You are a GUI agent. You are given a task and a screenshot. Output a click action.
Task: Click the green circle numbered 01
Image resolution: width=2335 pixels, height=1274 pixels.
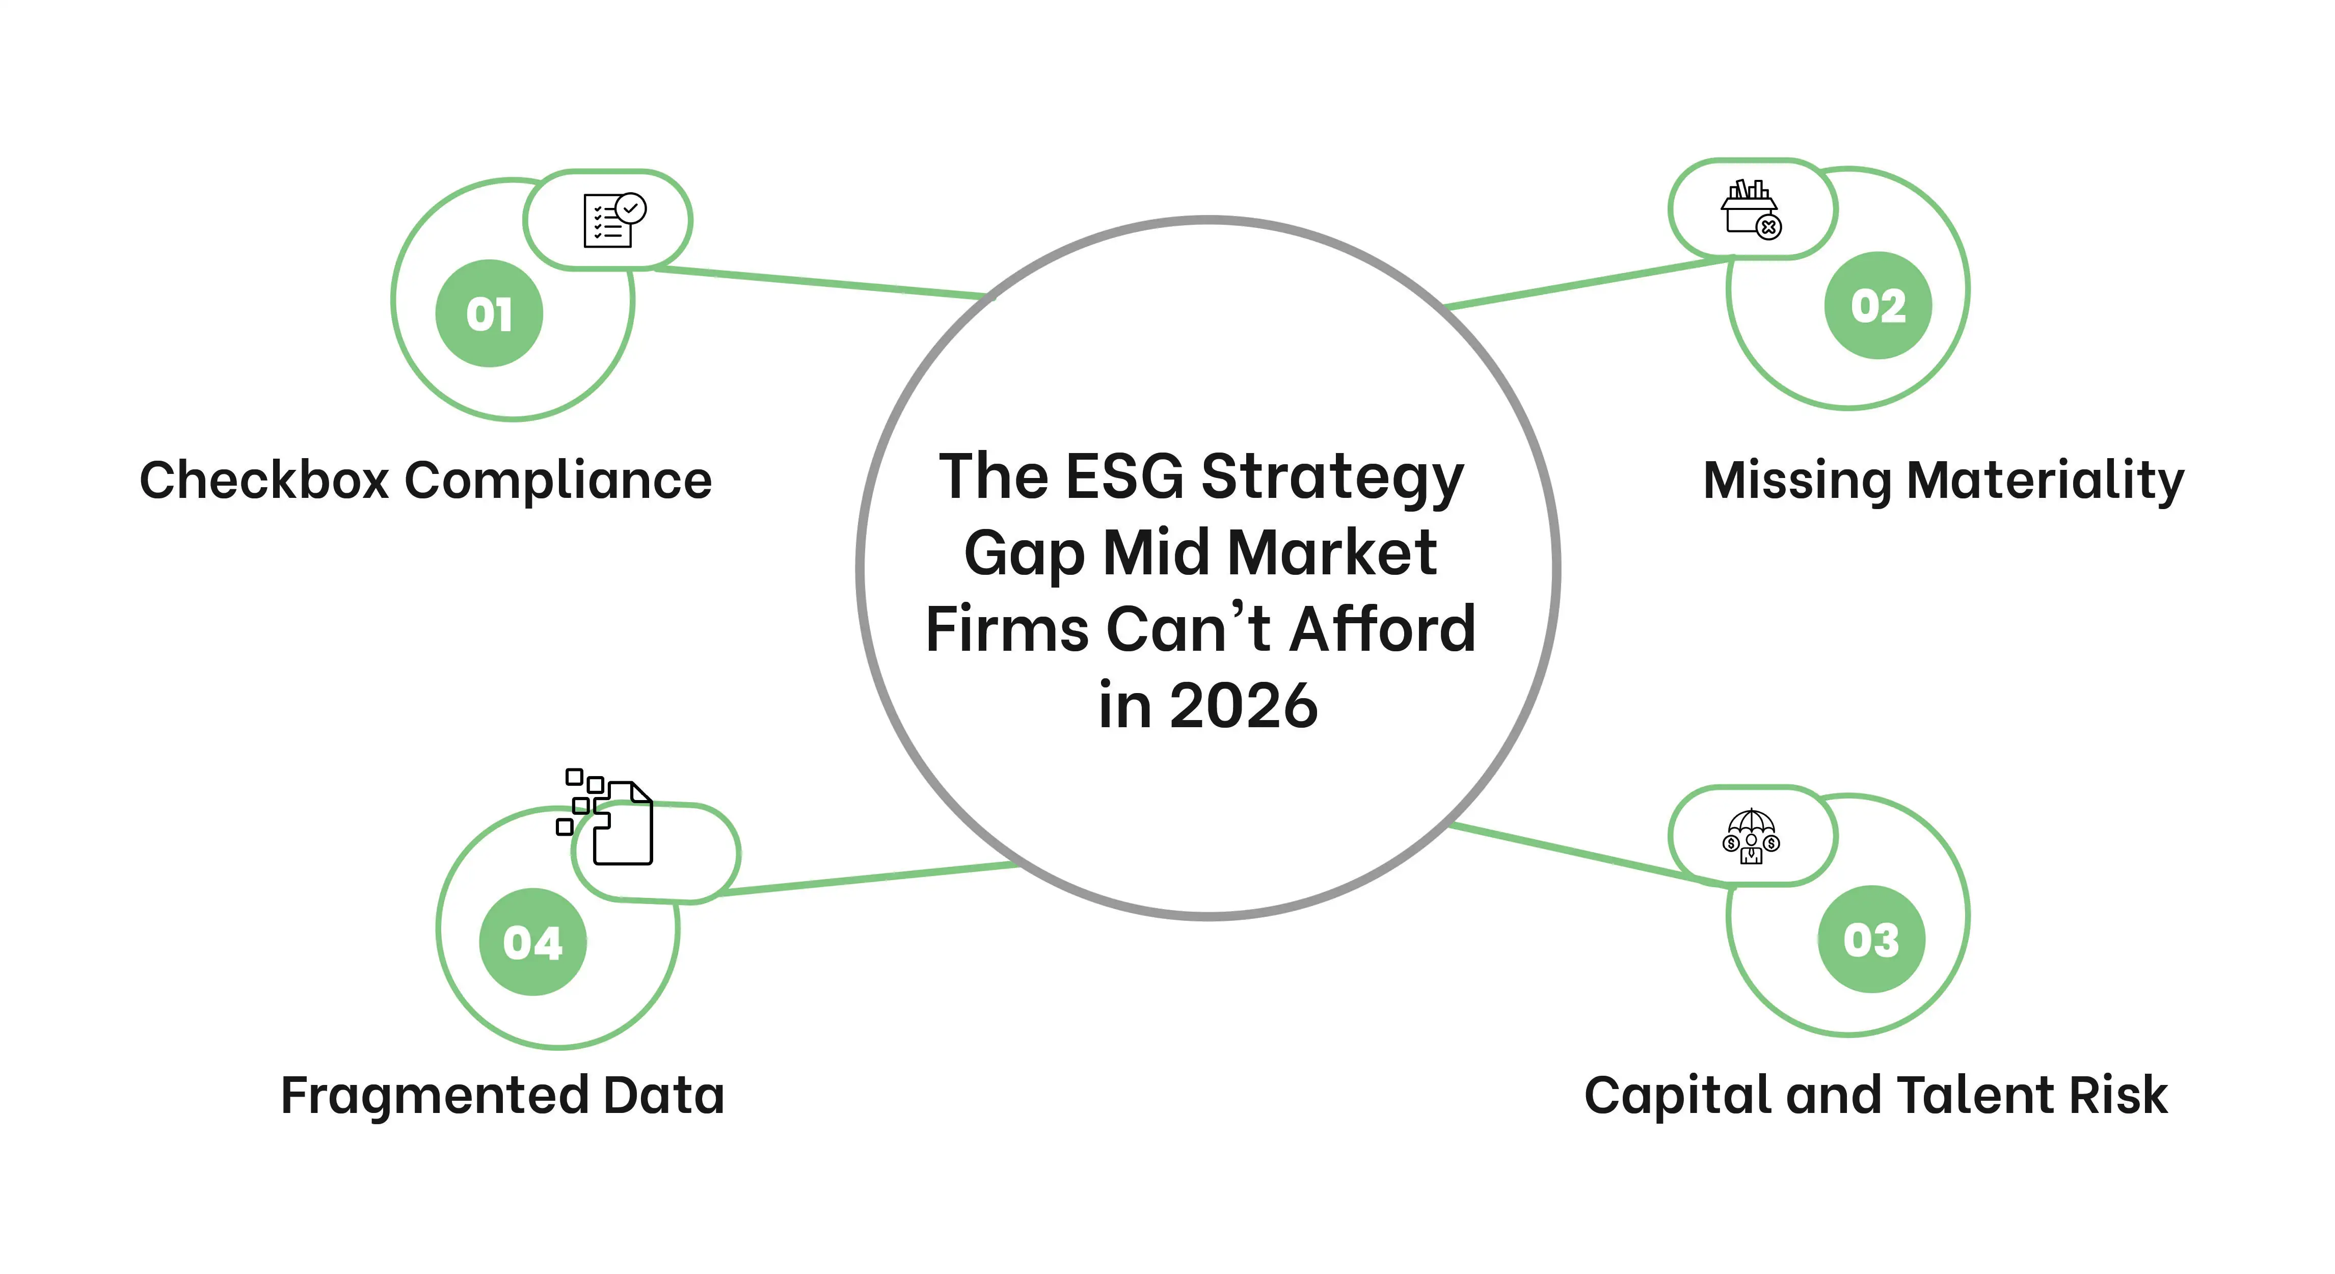(x=490, y=314)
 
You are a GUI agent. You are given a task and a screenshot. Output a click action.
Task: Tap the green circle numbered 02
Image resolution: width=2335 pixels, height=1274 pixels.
(x=1878, y=306)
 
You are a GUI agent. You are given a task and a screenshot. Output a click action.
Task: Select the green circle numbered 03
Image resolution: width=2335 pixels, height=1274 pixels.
(x=1871, y=939)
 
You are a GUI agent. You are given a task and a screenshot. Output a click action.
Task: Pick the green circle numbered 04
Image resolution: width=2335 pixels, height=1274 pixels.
(x=533, y=942)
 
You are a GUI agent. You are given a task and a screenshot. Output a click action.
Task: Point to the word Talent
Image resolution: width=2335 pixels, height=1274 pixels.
(x=1975, y=1095)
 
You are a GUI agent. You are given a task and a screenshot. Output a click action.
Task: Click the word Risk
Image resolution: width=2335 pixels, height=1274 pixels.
(x=2119, y=1095)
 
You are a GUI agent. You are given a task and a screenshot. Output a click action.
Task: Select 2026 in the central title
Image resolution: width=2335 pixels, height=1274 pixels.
(x=1244, y=705)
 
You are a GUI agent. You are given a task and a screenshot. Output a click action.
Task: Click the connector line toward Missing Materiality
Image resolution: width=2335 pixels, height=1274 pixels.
(x=1588, y=283)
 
